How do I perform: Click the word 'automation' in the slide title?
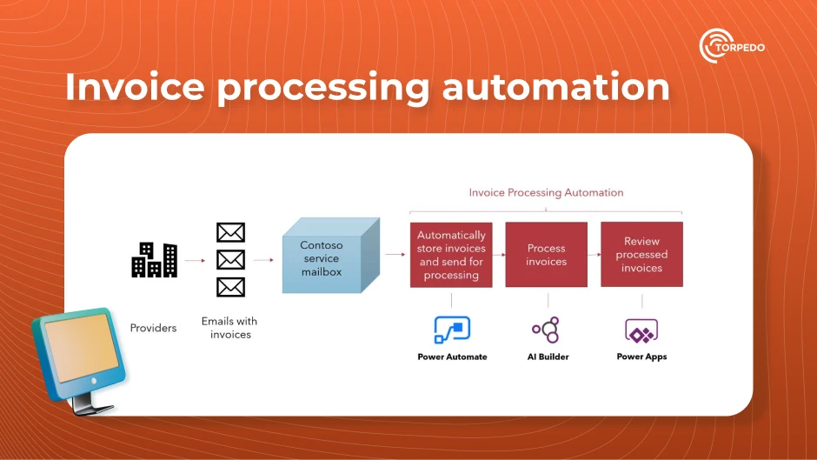[x=555, y=88]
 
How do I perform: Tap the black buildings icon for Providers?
[x=154, y=259]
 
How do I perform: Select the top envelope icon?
[x=230, y=232]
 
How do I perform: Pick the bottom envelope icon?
[x=230, y=286]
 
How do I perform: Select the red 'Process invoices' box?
[x=546, y=255]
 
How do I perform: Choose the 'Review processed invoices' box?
[x=641, y=255]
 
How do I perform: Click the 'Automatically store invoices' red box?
[x=451, y=255]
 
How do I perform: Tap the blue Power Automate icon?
[x=452, y=330]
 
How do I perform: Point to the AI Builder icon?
[x=546, y=330]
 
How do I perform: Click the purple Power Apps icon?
[x=641, y=330]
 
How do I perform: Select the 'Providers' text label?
[x=153, y=328]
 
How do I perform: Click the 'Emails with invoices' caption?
[x=229, y=328]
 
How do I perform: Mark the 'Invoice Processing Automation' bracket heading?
[x=546, y=192]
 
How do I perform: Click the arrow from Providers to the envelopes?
[x=195, y=259]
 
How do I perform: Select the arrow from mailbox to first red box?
[x=395, y=255]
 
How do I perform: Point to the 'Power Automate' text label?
[x=452, y=357]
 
